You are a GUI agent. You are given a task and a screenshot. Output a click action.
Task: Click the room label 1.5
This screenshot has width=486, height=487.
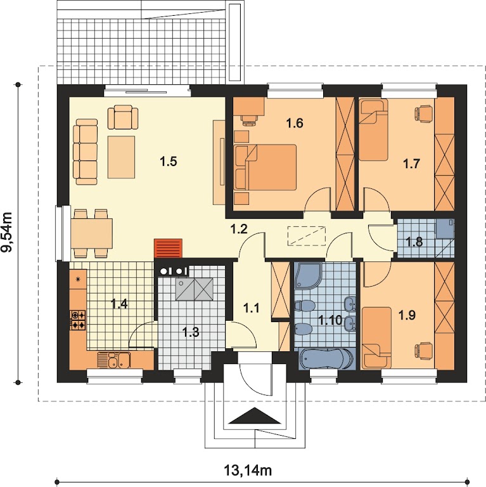click(x=168, y=162)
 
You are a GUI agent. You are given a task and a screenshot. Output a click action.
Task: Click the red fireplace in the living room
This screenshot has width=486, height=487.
click(x=168, y=248)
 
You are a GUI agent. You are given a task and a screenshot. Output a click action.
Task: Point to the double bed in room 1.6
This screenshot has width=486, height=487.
click(x=265, y=167)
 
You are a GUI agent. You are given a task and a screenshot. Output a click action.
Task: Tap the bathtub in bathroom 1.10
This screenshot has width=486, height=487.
click(x=327, y=359)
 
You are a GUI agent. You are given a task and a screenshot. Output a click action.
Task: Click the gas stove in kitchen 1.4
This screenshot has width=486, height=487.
click(x=77, y=320)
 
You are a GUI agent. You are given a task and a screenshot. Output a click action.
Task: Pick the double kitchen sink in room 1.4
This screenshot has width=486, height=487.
click(x=114, y=360)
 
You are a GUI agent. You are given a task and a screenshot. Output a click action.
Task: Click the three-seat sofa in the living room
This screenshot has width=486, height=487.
click(x=86, y=152)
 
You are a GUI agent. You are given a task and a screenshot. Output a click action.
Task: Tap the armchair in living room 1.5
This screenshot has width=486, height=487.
click(x=123, y=117)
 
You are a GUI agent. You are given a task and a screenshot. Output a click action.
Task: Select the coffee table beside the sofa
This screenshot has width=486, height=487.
click(x=121, y=157)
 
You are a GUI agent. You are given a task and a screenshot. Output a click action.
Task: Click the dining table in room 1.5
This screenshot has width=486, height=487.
click(x=91, y=233)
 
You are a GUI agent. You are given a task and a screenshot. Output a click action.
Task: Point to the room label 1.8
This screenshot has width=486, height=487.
click(x=414, y=242)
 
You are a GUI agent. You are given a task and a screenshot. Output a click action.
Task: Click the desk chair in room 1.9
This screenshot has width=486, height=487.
click(x=423, y=350)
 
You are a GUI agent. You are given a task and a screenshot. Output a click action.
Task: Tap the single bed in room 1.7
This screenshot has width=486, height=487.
click(x=374, y=129)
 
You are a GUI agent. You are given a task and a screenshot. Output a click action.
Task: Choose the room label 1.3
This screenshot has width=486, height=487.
click(x=190, y=332)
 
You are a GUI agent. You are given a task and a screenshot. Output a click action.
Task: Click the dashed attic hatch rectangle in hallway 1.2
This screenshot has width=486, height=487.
click(x=307, y=236)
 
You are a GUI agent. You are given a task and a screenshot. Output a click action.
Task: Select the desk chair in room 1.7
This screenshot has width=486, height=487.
click(x=423, y=113)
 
